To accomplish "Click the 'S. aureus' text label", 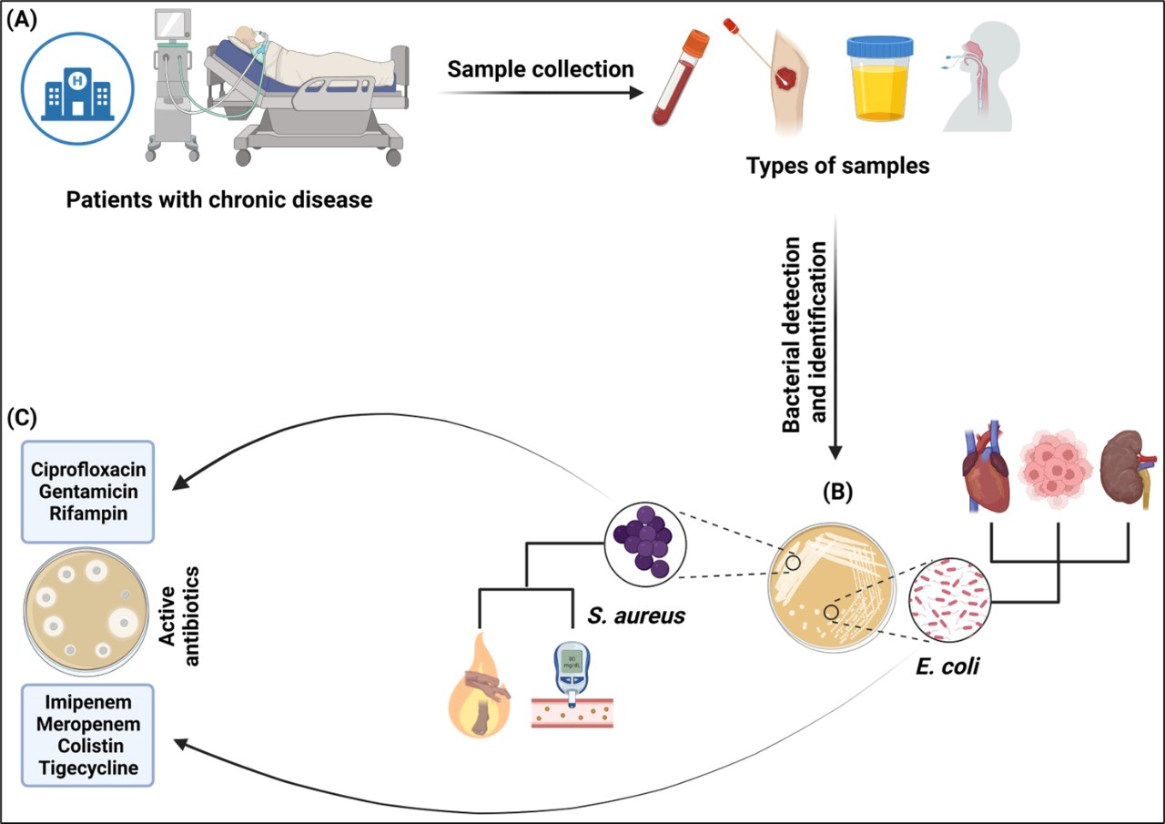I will coord(636,616).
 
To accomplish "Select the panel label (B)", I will coord(836,491).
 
